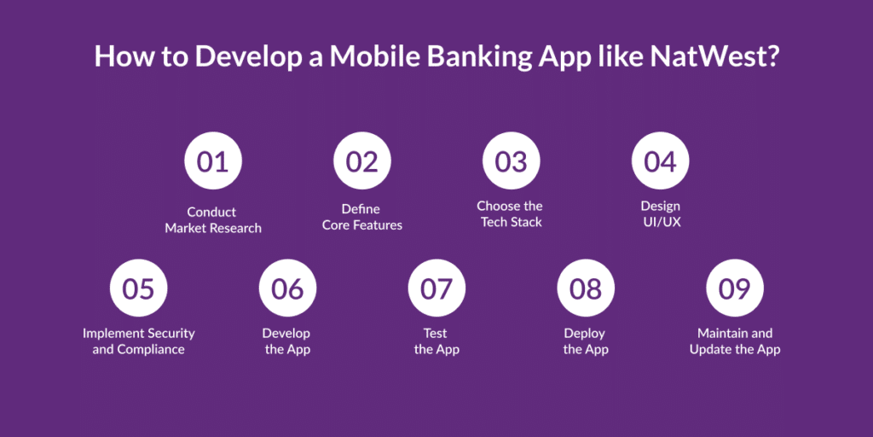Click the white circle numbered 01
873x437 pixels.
click(213, 161)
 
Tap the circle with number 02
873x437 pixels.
click(362, 161)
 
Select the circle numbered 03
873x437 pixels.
click(512, 161)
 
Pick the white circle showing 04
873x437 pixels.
click(661, 161)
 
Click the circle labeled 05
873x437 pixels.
click(139, 288)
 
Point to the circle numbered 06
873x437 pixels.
click(288, 288)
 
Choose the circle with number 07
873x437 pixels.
click(437, 288)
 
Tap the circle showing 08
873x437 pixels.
click(586, 288)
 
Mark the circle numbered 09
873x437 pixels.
click(735, 288)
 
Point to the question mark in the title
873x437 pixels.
click(770, 57)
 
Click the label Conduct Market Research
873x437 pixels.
click(213, 220)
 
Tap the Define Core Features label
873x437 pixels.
click(362, 218)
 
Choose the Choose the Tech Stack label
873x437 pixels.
click(510, 214)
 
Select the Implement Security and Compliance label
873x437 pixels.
click(139, 341)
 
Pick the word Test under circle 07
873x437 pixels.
click(436, 334)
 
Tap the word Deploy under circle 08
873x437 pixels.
click(585, 334)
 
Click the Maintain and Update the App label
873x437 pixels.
click(735, 341)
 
